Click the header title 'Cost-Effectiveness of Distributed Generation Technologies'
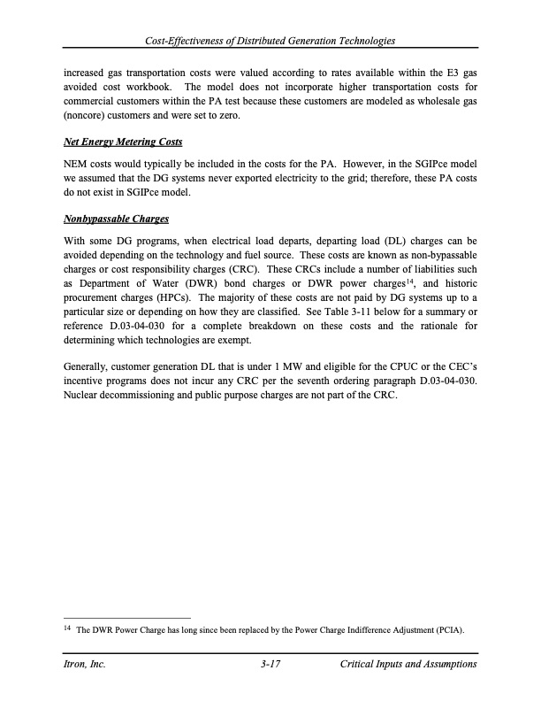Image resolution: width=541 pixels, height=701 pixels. [270, 42]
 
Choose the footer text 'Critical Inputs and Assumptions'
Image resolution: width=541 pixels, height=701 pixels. [408, 664]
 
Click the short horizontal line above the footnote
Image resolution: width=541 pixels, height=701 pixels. [128, 617]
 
